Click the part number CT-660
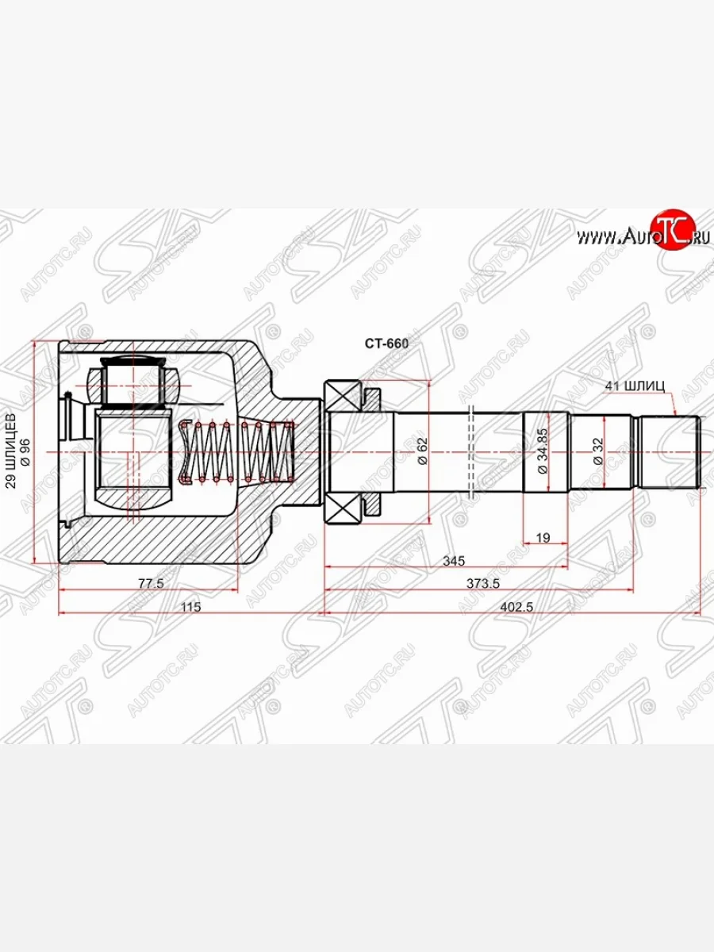pyautogui.click(x=386, y=344)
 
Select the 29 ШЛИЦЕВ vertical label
pyautogui.click(x=10, y=451)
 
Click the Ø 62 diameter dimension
pyautogui.click(x=423, y=451)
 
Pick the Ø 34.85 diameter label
pyautogui.click(x=543, y=451)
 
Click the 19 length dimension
pyautogui.click(x=543, y=538)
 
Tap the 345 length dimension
pyautogui.click(x=453, y=561)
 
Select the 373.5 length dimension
pyautogui.click(x=482, y=583)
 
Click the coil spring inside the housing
pyautogui.click(x=238, y=451)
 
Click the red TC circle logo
pyautogui.click(x=672, y=231)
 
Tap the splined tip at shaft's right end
pyautogui.click(x=670, y=451)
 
